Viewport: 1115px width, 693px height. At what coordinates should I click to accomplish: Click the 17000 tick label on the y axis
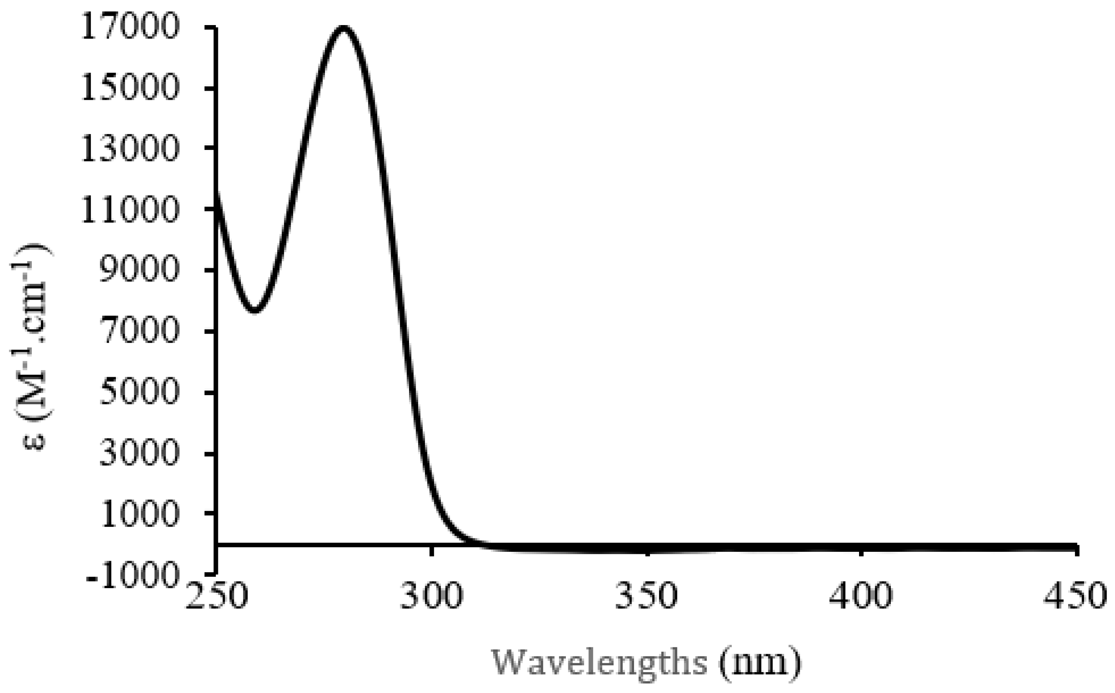click(x=129, y=27)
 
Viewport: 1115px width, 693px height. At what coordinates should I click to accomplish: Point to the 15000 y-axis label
click(x=129, y=88)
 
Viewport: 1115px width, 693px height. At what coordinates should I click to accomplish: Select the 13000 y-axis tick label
click(x=129, y=149)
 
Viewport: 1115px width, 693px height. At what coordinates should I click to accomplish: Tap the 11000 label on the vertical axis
click(x=129, y=210)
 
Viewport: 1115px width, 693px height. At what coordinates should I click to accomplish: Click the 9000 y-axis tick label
click(x=138, y=270)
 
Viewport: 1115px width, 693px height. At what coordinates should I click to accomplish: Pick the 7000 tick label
click(x=138, y=331)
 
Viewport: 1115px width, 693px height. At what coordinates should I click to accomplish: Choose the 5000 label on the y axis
click(x=138, y=392)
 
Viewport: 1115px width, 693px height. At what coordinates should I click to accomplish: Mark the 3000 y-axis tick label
click(x=138, y=453)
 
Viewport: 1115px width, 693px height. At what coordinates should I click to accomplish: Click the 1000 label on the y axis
click(x=138, y=514)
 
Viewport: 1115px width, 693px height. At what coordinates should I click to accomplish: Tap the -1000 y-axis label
click(x=132, y=575)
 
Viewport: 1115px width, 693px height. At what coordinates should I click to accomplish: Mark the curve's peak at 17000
click(x=343, y=28)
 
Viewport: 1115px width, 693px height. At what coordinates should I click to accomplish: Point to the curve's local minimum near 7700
click(x=255, y=310)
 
